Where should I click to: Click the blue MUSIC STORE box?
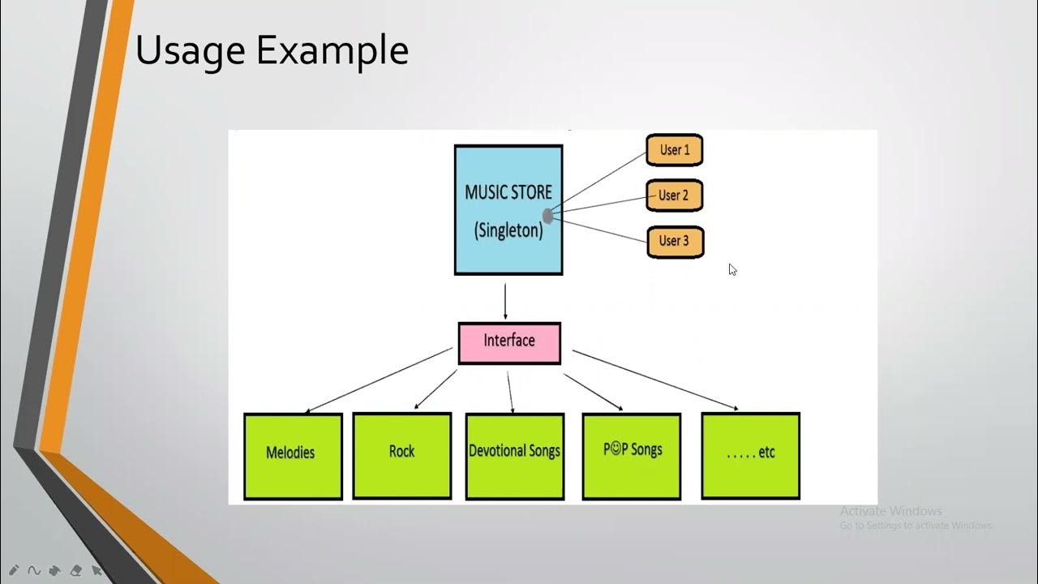[x=508, y=210]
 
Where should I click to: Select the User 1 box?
[x=674, y=150]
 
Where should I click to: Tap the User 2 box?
[x=674, y=195]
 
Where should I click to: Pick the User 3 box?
[x=675, y=242]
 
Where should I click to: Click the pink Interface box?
[x=509, y=342]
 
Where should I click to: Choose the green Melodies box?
[x=293, y=456]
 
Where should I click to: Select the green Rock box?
[x=401, y=455]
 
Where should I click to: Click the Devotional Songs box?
[x=514, y=456]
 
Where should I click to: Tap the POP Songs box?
[x=632, y=456]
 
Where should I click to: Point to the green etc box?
[x=750, y=455]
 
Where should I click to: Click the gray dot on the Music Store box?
[x=548, y=216]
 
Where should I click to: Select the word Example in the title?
[x=332, y=51]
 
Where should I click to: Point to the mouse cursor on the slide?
[x=732, y=269]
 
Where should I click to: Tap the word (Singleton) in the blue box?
[x=508, y=230]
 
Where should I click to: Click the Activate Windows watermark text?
[x=890, y=511]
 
